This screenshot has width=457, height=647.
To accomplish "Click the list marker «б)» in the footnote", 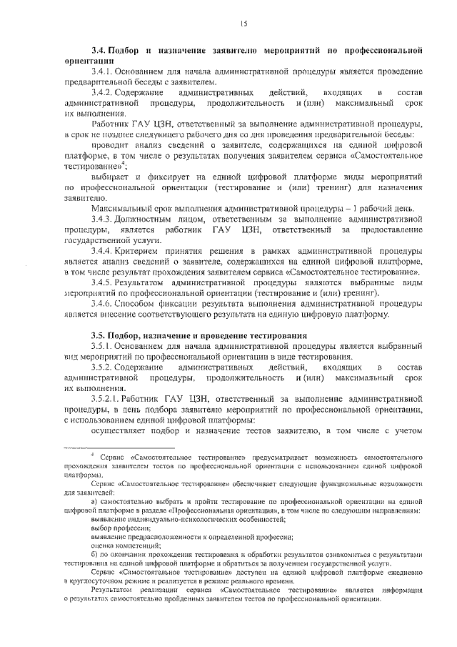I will tap(94, 554).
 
